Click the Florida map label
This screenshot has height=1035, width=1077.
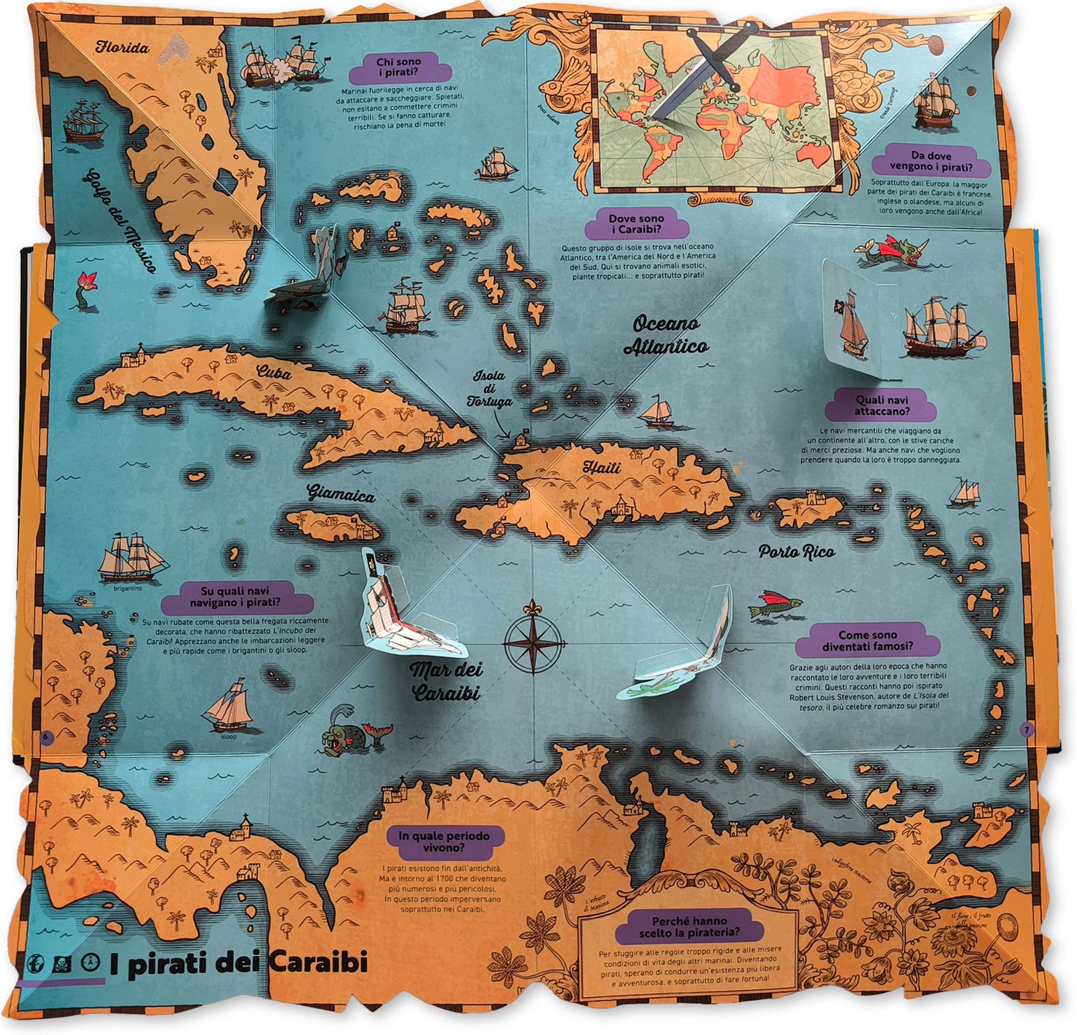pos(122,48)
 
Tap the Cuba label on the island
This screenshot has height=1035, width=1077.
pos(274,370)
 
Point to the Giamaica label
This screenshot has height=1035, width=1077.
pos(341,493)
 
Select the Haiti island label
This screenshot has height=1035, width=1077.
pos(601,467)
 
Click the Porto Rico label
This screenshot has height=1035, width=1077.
pos(797,551)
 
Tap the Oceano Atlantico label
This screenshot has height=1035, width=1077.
pos(666,335)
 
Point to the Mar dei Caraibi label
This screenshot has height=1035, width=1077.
pos(446,681)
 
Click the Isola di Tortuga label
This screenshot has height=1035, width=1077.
pos(490,388)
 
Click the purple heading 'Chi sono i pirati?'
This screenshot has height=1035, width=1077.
pos(399,67)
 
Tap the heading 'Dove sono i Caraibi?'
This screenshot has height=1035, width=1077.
pos(636,224)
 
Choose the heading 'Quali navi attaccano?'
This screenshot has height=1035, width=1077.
pos(882,405)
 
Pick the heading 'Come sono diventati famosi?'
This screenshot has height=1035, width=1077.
pos(867,641)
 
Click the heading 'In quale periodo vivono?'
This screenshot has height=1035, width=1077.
pos(444,841)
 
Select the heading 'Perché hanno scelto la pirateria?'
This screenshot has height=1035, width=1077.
pos(689,926)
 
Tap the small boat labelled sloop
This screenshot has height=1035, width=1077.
pos(230,705)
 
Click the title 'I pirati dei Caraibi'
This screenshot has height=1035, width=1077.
pos(239,963)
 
